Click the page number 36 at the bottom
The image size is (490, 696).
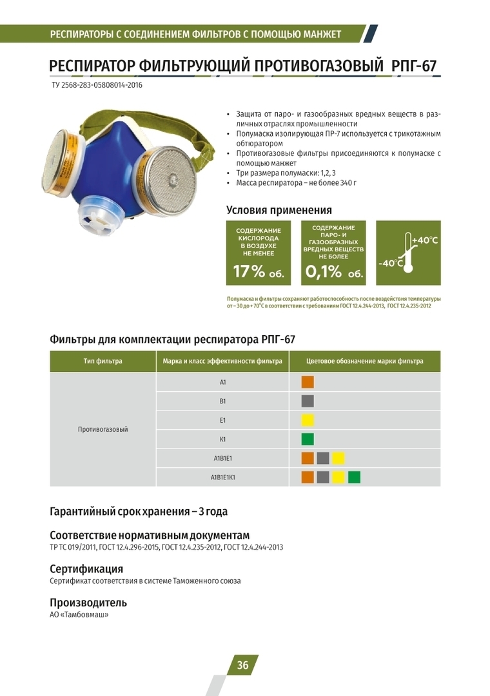tap(242, 666)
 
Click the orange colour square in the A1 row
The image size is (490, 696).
tap(308, 382)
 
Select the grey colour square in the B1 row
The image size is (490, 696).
tap(308, 401)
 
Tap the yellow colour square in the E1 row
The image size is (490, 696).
tap(308, 420)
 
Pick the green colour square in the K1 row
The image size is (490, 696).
tap(308, 440)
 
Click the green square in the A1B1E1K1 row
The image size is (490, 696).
tap(354, 478)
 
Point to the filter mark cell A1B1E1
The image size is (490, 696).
tap(222, 459)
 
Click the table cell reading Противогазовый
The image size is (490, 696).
tap(103, 429)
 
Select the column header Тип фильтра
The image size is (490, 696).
tap(103, 362)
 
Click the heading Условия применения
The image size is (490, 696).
tap(279, 210)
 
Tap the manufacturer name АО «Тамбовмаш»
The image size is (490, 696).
tap(79, 615)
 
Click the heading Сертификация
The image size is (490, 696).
tap(86, 569)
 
